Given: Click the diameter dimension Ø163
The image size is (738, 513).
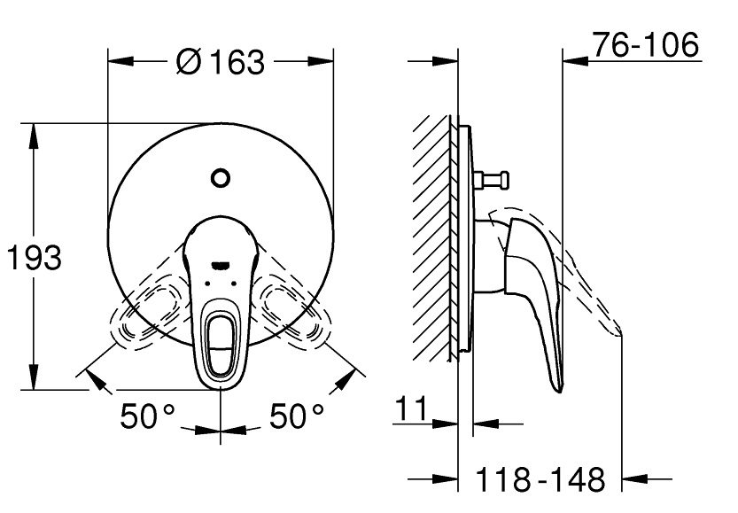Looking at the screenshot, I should click(x=220, y=62).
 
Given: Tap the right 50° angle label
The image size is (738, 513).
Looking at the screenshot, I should click(x=295, y=416).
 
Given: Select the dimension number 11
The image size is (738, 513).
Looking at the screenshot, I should click(x=412, y=409).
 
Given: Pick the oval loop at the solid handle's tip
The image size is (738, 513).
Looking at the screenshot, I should click(x=220, y=340).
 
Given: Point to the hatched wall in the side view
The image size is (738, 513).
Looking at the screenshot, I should click(x=434, y=239).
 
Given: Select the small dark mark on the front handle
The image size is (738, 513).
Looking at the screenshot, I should click(x=220, y=263).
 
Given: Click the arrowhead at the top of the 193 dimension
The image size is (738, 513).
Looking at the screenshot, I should click(x=35, y=132).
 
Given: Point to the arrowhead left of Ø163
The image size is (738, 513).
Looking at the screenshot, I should click(x=119, y=62).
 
